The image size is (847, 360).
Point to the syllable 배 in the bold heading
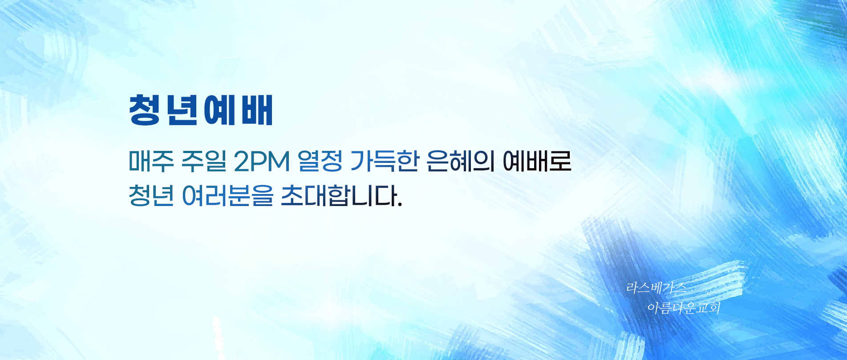click(257, 110)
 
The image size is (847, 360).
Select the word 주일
click(203, 161)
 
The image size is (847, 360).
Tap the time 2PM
click(262, 162)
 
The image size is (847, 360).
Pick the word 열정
click(320, 161)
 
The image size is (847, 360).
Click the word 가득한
click(385, 161)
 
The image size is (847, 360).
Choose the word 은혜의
click(461, 161)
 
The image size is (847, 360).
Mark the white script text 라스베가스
click(656, 288)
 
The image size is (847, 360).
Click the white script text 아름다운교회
click(684, 307)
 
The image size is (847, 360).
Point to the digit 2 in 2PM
click(242, 162)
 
